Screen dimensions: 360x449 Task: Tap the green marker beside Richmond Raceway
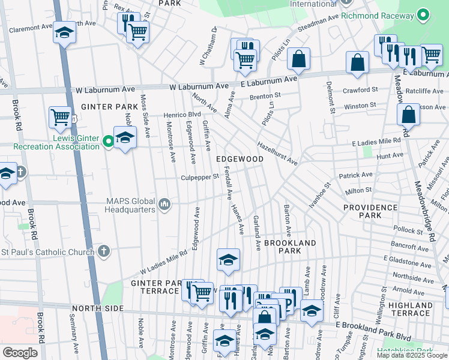[424, 14]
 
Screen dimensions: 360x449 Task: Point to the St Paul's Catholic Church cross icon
[104, 251]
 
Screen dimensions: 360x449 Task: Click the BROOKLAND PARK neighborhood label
[290, 247]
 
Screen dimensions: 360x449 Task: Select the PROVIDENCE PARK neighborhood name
[370, 211]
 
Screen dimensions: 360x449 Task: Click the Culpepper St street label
[200, 178]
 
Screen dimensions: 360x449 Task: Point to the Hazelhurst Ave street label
[277, 154]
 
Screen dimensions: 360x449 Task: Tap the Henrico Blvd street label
[182, 114]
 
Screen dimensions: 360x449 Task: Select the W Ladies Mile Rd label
[164, 262]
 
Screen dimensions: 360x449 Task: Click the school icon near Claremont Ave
[64, 33]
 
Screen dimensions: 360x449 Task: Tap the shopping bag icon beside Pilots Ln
[298, 59]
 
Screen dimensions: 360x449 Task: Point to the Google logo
[20, 353]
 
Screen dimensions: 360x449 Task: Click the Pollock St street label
[408, 230]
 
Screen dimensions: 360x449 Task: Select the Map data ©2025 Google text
[411, 355]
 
